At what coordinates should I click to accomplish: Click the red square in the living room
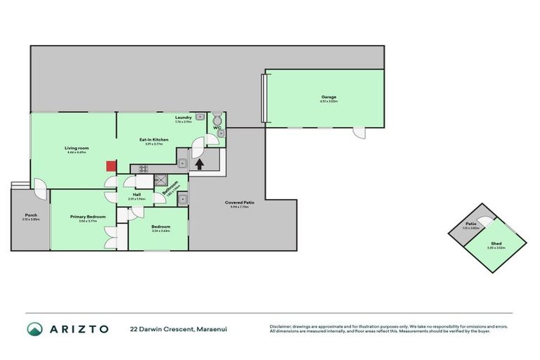[110, 166]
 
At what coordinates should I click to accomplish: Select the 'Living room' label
[76, 148]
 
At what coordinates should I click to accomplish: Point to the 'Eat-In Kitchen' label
[154, 140]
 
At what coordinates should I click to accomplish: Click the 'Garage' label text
[329, 97]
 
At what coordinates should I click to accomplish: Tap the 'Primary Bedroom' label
[88, 217]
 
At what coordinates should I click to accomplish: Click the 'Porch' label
[30, 214]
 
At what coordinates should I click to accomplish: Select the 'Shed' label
[496, 243]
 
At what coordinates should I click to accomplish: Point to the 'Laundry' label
[184, 117]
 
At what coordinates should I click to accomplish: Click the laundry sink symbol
[200, 117]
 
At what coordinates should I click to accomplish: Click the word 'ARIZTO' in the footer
[79, 329]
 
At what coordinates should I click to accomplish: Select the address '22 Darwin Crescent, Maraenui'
[178, 329]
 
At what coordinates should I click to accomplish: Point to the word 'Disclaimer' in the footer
[280, 326]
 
